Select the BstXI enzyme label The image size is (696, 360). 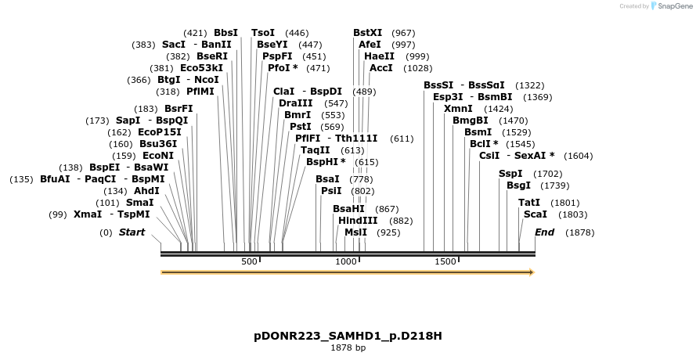pyautogui.click(x=368, y=33)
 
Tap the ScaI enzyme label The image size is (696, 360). pyautogui.click(x=536, y=214)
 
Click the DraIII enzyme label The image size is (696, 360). pyautogui.click(x=295, y=103)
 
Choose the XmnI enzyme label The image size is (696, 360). pyautogui.click(x=458, y=109)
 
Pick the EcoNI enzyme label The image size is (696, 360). pyautogui.click(x=158, y=156)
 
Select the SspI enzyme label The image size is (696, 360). pyautogui.click(x=510, y=174)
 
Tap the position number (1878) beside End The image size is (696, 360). pyautogui.click(x=579, y=232)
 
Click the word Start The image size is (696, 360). pyautogui.click(x=132, y=232)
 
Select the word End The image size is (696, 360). pyautogui.click(x=544, y=232)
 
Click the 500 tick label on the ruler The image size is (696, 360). pyautogui.click(x=249, y=261)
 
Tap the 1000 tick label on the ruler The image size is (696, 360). pyautogui.click(x=345, y=261)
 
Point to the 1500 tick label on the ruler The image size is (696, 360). pyautogui.click(x=445, y=261)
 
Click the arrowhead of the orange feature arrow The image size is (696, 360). pyautogui.click(x=532, y=272)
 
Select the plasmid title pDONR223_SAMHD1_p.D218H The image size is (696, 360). pyautogui.click(x=348, y=336)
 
